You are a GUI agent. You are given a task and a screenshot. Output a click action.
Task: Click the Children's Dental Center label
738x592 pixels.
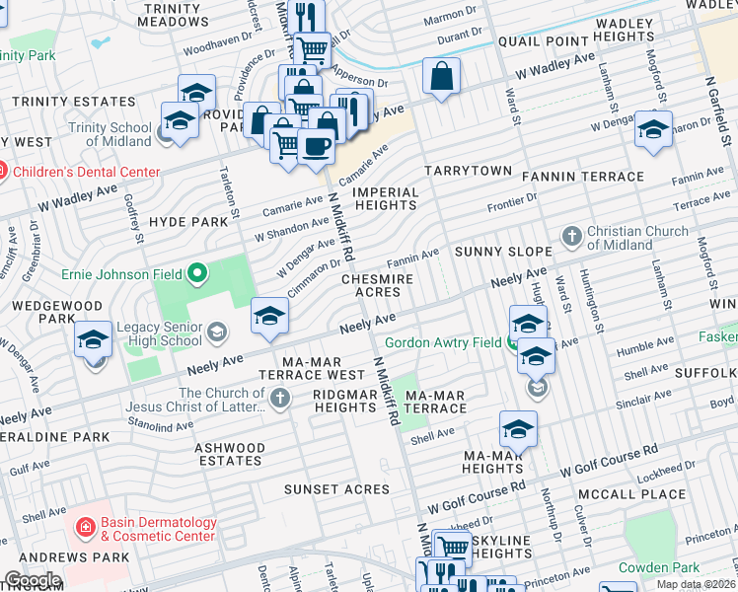87,172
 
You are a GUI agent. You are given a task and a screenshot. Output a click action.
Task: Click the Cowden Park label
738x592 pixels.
659,567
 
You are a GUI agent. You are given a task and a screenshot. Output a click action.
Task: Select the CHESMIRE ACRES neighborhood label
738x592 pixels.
377,285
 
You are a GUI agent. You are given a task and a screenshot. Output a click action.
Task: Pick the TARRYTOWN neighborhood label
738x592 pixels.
469,171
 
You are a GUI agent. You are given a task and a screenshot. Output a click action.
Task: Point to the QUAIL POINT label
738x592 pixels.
536,41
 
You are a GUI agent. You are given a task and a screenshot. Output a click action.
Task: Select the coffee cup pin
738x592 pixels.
316,147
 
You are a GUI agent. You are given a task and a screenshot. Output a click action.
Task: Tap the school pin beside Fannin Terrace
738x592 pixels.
653,130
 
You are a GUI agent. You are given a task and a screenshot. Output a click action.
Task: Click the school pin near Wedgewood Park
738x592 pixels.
94,341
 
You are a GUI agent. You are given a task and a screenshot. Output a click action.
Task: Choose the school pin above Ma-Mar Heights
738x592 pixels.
518,429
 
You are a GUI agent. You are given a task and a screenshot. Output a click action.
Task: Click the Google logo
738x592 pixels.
32,580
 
